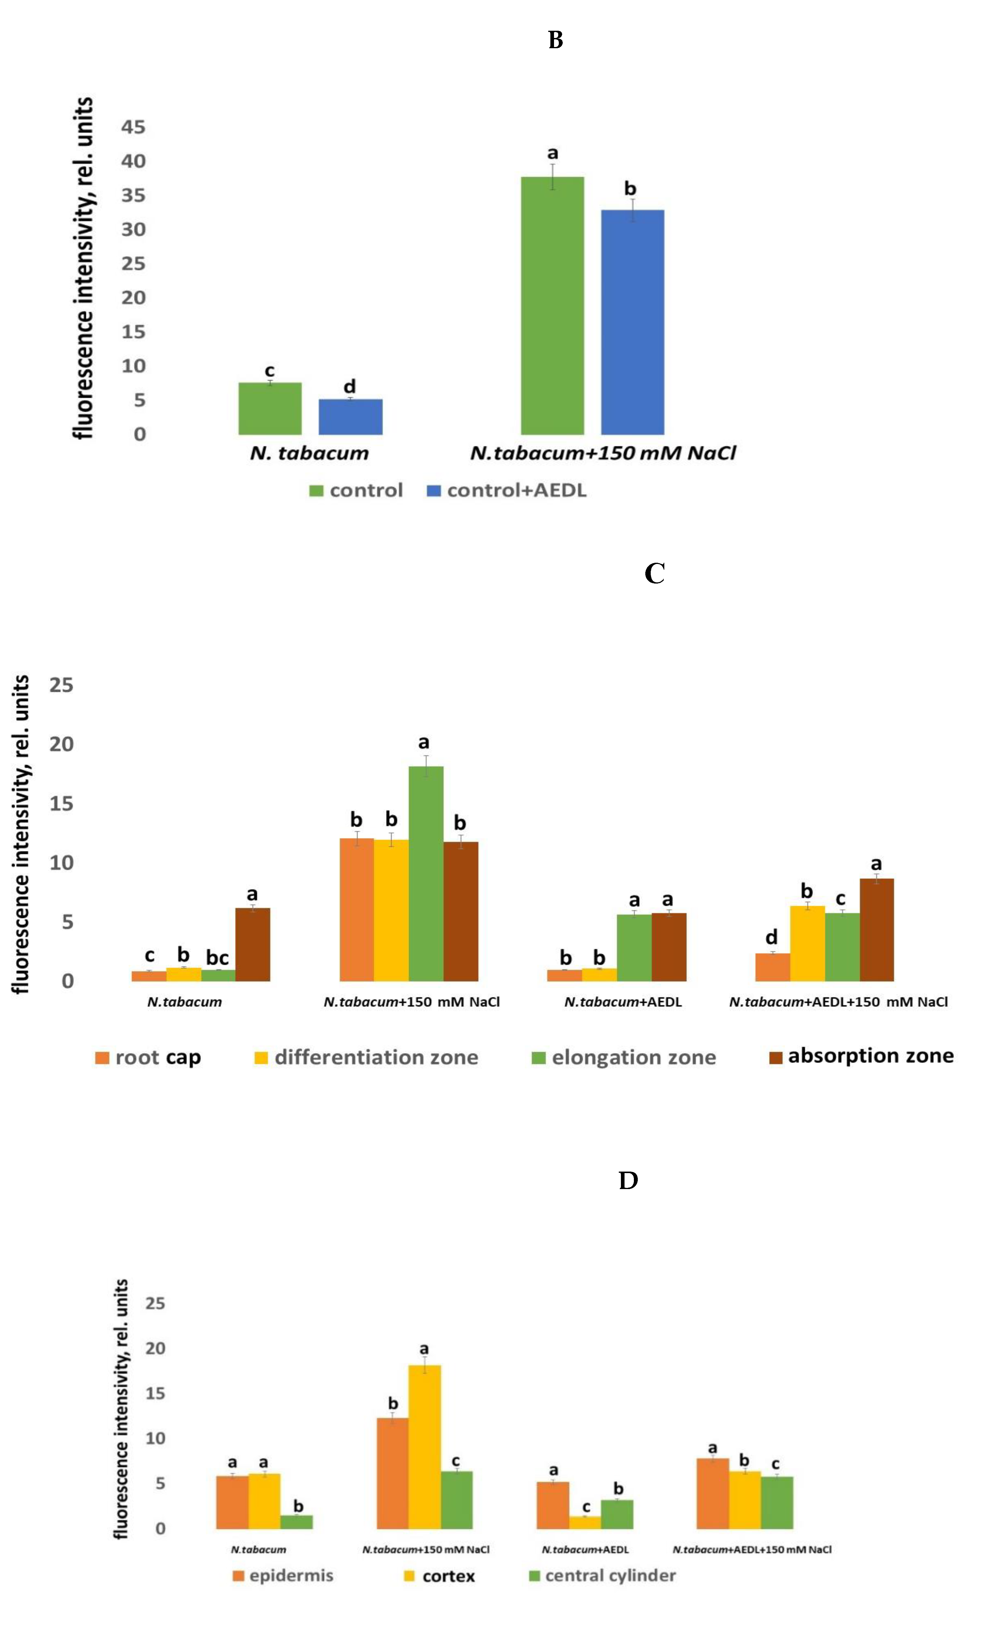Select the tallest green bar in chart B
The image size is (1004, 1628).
pos(552,305)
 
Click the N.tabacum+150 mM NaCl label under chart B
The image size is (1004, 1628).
pos(603,453)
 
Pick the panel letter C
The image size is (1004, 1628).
pos(654,573)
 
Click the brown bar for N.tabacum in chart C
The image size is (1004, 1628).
pos(253,944)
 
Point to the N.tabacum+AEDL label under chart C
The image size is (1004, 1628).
pos(623,1002)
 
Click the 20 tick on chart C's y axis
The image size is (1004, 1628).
pos(61,744)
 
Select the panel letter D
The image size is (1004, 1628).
pos(628,1181)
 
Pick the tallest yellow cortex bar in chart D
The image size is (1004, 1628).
pos(424,1448)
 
